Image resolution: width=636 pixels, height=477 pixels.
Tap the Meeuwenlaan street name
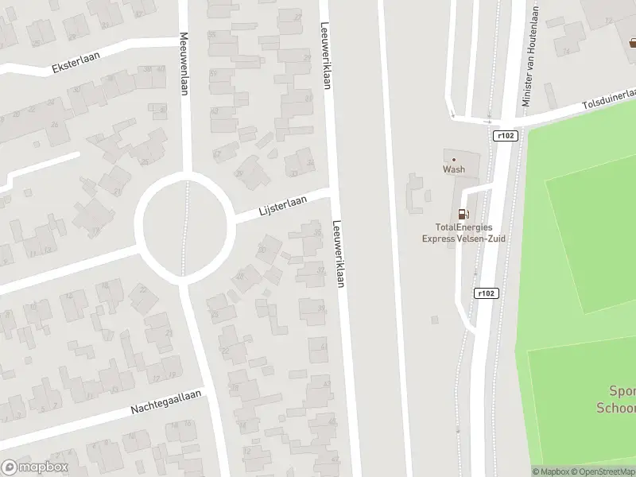(x=184, y=64)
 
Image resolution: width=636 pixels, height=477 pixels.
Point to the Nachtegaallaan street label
(x=168, y=402)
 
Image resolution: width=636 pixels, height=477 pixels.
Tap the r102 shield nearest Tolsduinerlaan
(x=505, y=136)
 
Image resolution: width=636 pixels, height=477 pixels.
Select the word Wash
(x=454, y=169)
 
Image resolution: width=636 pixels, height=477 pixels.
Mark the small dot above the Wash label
(x=454, y=159)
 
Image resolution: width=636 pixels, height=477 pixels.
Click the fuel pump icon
(x=463, y=214)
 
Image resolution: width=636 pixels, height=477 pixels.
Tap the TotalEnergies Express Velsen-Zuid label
(x=463, y=232)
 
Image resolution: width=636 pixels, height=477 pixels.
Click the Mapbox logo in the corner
(x=34, y=467)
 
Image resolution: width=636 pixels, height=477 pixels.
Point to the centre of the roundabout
(x=184, y=223)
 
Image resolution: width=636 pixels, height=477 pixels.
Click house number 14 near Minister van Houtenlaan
(x=567, y=52)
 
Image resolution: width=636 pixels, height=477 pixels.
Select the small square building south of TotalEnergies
(x=435, y=320)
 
